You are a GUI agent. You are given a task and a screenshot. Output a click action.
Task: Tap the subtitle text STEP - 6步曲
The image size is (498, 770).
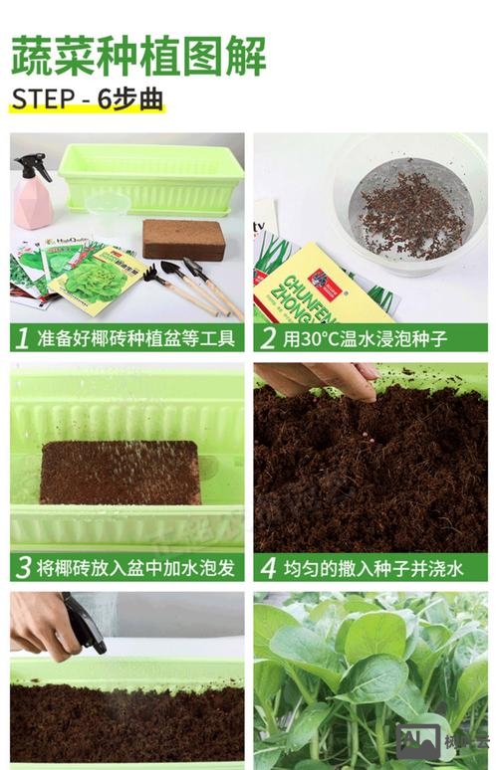[88, 100]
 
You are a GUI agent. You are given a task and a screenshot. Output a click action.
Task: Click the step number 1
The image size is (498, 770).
[22, 338]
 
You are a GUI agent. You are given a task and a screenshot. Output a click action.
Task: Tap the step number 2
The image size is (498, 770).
[267, 338]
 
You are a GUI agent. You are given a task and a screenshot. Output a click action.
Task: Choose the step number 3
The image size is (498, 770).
[22, 568]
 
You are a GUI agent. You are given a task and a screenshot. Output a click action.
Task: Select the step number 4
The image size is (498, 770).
[267, 568]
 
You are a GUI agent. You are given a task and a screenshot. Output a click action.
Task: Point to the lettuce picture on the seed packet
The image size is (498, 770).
[95, 280]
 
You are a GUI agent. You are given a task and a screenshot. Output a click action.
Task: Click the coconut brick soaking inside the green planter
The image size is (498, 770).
[120, 472]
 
